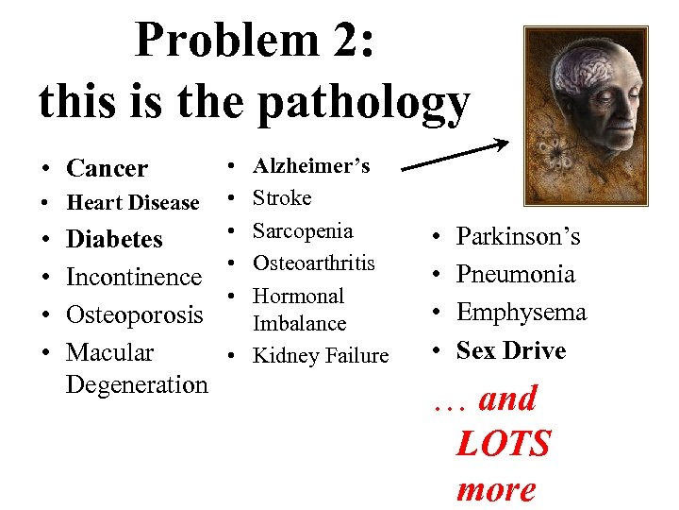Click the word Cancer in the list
point(107,169)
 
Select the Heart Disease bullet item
point(132,203)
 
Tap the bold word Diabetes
point(113,240)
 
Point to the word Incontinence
point(133,278)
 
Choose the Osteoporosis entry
point(134,314)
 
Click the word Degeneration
point(137,384)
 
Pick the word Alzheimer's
point(311,166)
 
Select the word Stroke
point(282,198)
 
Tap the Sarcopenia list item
point(303,231)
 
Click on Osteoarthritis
point(314,263)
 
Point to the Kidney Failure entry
point(321,356)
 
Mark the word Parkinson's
point(518,236)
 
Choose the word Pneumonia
point(515,275)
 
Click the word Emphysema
point(521,313)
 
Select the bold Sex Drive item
point(510,350)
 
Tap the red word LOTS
point(503,444)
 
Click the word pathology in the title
point(364,104)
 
